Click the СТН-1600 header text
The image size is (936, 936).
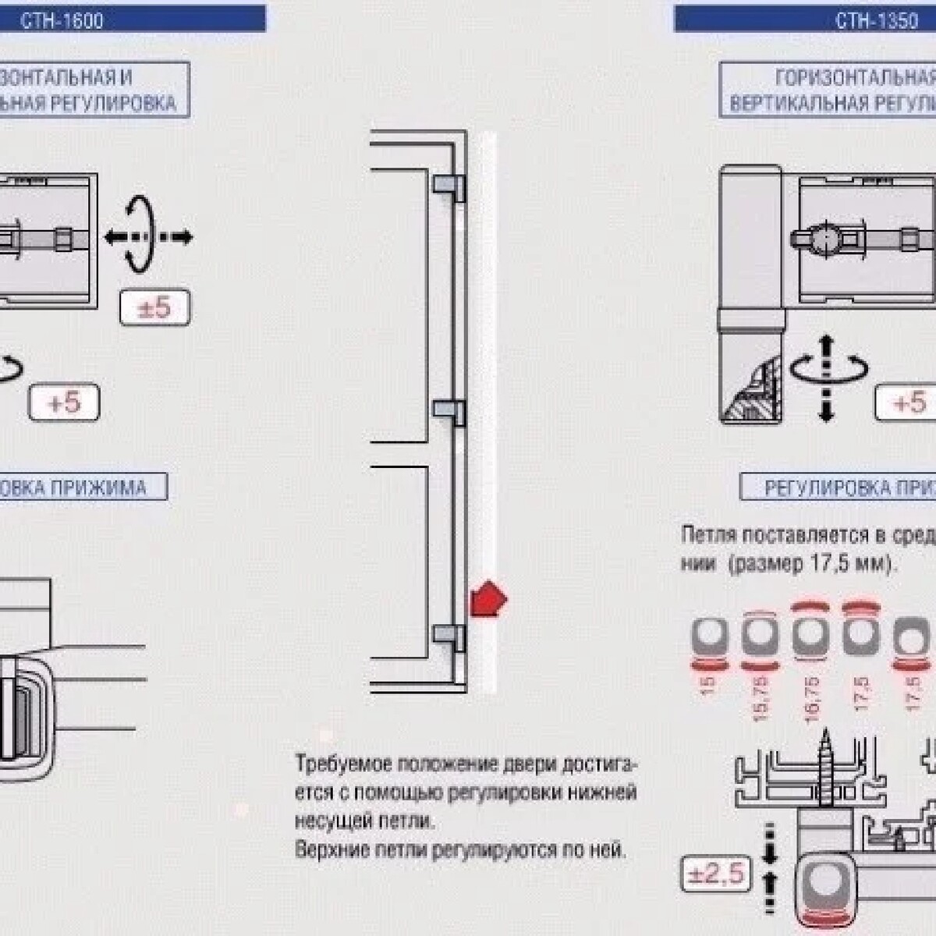click(62, 20)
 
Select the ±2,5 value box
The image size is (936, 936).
click(714, 874)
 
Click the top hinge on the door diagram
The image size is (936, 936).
click(449, 186)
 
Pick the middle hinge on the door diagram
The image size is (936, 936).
click(449, 412)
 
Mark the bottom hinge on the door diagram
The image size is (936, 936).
click(449, 637)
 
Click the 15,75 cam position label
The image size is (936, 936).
click(761, 697)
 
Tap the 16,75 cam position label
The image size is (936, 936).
click(811, 697)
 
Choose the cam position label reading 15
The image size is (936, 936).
click(708, 686)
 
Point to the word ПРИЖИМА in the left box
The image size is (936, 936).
click(99, 488)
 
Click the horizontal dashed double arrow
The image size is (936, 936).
click(148, 236)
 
